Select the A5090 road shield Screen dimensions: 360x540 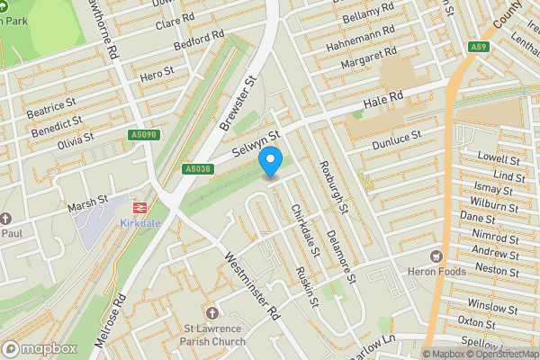click(142, 135)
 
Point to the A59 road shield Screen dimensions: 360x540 click(481, 47)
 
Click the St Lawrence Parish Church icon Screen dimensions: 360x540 click(212, 313)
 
